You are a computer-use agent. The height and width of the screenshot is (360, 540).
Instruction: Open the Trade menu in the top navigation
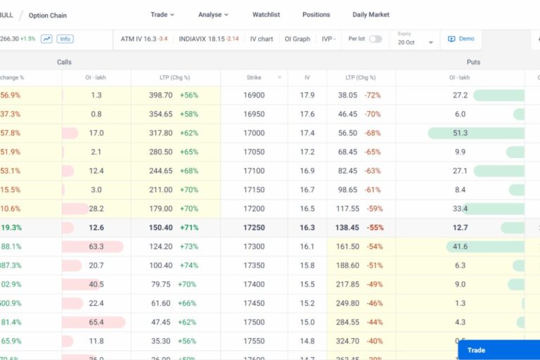coord(162,15)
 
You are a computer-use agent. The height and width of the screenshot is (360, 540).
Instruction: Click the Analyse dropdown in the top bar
coord(213,15)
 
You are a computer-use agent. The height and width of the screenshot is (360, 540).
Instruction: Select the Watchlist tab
coord(266,15)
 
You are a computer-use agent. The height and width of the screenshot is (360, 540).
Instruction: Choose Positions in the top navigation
coord(316,15)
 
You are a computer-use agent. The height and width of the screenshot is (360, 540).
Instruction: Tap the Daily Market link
coord(371,15)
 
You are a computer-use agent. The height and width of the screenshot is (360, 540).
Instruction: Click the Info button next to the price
coord(65,39)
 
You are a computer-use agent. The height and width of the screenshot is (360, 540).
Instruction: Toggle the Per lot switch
coord(375,39)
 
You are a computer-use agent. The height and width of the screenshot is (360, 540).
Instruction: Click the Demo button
coord(461,39)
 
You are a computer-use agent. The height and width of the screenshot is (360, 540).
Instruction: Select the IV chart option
coord(262,39)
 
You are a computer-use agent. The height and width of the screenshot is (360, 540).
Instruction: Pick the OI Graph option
coord(297,39)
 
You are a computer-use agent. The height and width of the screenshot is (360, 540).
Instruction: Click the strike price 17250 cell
coord(254,228)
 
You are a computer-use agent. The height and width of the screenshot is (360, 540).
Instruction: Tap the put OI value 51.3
coord(461,133)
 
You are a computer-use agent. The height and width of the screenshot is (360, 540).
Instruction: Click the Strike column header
coord(254,77)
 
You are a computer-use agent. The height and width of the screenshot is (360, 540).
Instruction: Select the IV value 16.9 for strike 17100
coord(307,171)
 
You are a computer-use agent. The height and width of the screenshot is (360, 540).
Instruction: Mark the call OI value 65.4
coord(96,322)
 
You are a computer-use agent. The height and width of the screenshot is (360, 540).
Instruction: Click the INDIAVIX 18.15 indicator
coord(209,39)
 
